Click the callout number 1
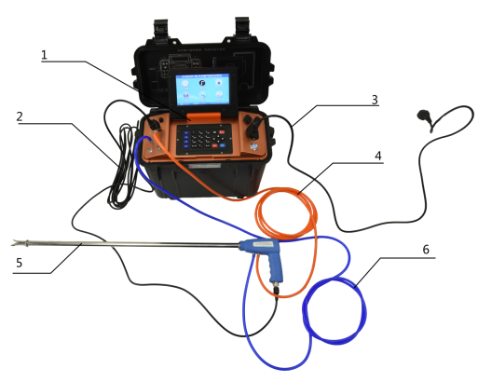44,55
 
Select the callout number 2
20,116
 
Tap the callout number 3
375,100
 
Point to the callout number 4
378,156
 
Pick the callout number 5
20,263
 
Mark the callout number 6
426,250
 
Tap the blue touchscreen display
202,89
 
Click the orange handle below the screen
204,116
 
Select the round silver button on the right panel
254,146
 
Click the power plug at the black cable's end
425,116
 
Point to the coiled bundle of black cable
123,166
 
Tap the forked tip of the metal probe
16,243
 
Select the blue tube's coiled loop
335,311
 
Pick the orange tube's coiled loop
286,213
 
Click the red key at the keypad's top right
222,132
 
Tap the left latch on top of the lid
161,29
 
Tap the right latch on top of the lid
242,28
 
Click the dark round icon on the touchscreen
202,83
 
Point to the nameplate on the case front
205,166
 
